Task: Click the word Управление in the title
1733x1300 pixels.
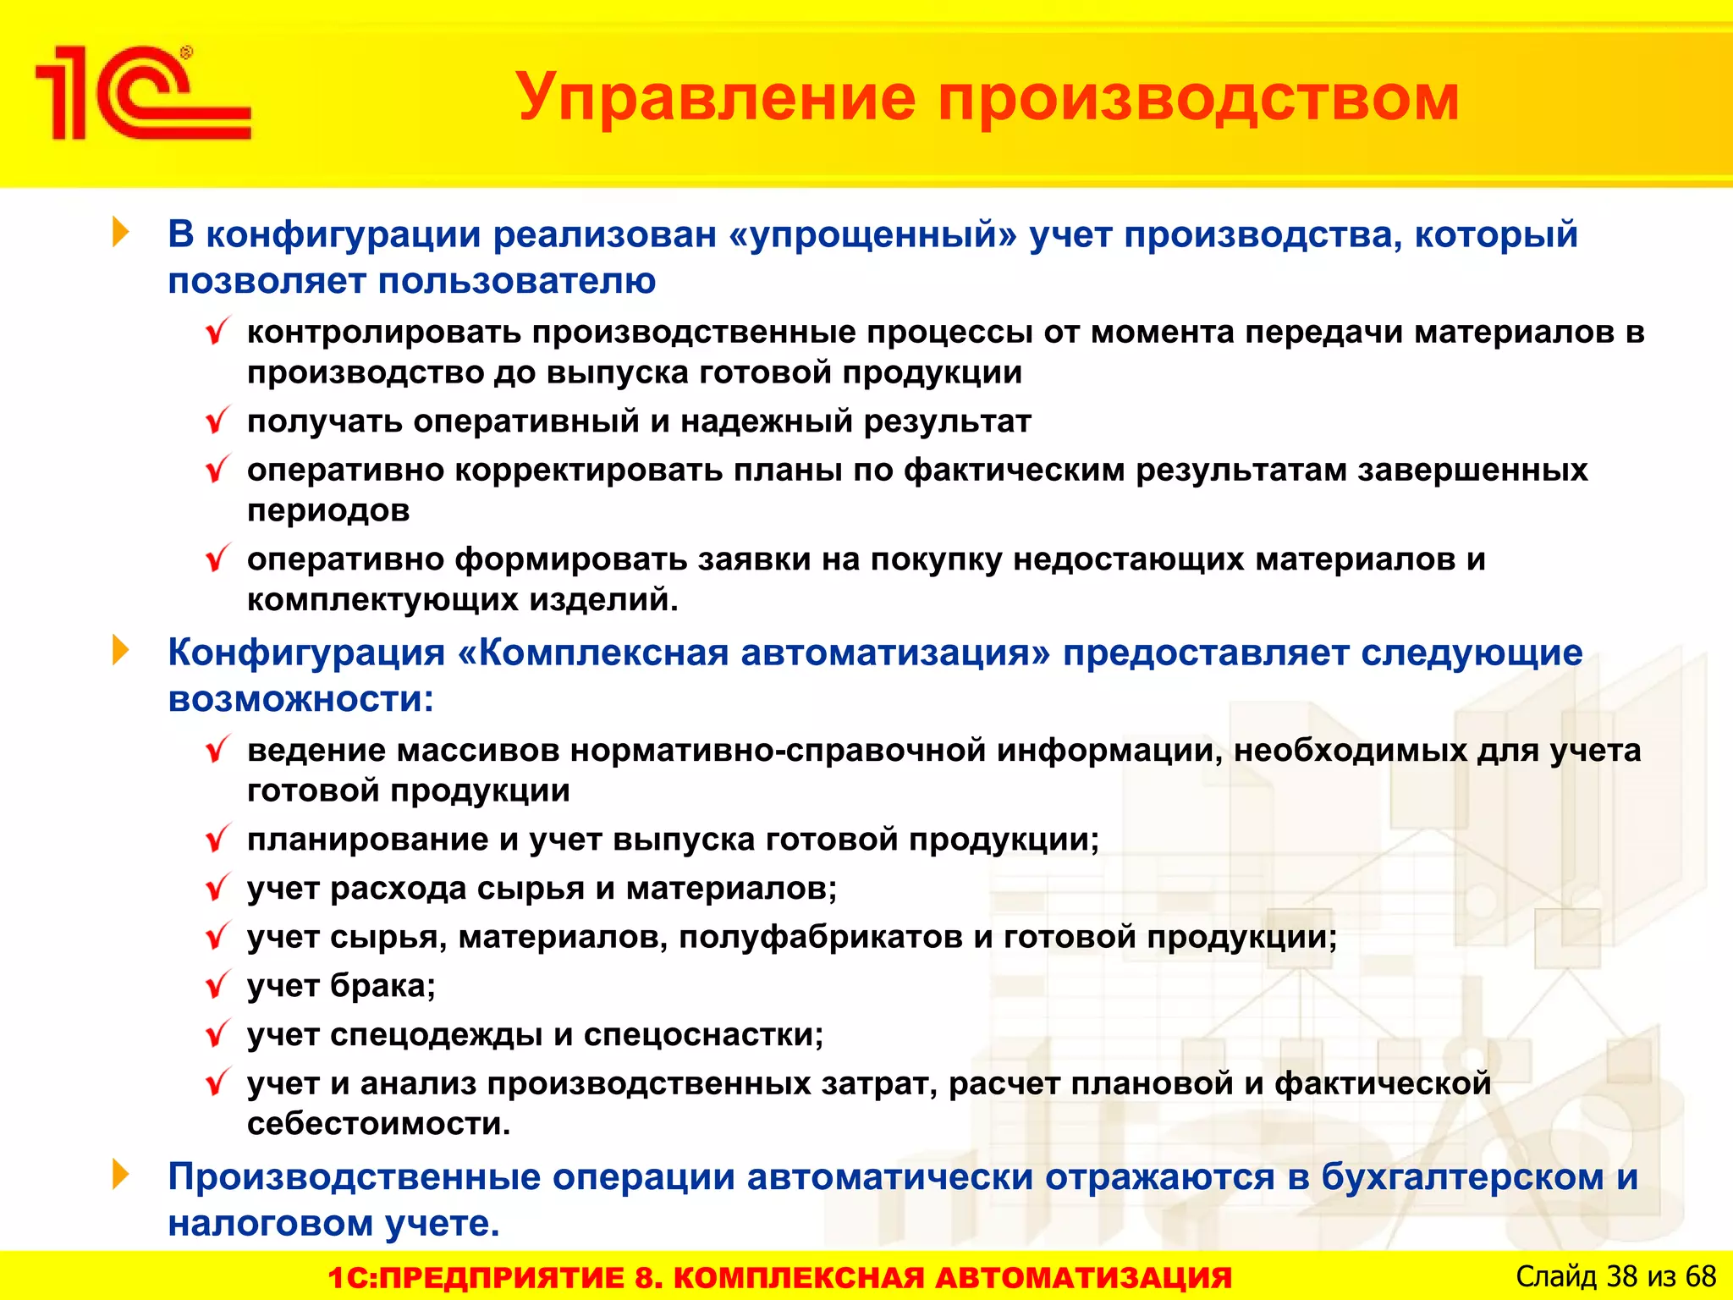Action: pos(715,97)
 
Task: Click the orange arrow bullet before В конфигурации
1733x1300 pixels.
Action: pos(121,232)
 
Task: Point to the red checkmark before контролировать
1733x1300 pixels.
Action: pos(217,331)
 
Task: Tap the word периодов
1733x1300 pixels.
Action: pos(328,511)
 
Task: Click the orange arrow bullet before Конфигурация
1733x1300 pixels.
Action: pos(121,650)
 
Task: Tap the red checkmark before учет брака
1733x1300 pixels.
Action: pos(217,985)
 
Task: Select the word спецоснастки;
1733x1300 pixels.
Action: pos(703,1035)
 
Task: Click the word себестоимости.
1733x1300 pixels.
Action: pos(378,1125)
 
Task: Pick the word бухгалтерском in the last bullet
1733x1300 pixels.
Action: pos(1462,1177)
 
